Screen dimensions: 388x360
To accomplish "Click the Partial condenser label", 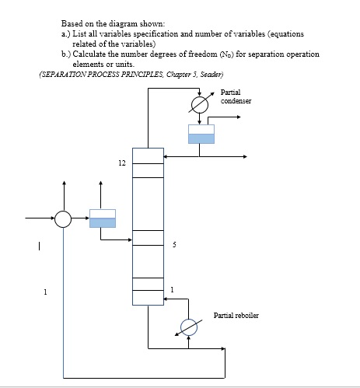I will pyautogui.click(x=236, y=97).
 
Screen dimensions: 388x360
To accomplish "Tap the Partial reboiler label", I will pyautogui.click(x=236, y=315).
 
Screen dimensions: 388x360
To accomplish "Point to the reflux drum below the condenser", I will pyautogui.click(x=201, y=134).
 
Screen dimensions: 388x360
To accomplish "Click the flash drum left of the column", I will pyautogui.click(x=102, y=218).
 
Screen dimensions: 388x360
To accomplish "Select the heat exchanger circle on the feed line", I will pyautogui.click(x=63, y=219).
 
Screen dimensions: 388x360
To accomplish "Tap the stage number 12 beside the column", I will pyautogui.click(x=121, y=164).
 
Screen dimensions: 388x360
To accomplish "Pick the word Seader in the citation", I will pyautogui.click(x=210, y=74).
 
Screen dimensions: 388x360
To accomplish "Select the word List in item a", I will pyautogui.click(x=81, y=34).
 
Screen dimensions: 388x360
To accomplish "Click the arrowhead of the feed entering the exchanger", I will pyautogui.click(x=51, y=219).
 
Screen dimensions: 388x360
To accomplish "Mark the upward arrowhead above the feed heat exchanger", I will pyautogui.click(x=63, y=186).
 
